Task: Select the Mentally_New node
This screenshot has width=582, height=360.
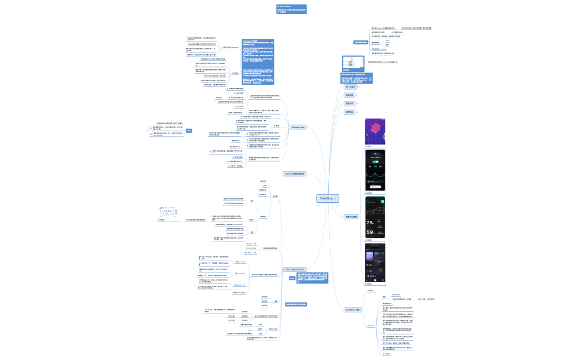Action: pos(298,127)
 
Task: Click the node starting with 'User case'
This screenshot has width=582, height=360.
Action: pos(294,174)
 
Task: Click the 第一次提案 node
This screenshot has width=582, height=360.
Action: pos(350,87)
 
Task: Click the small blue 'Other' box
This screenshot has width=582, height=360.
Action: pos(189,130)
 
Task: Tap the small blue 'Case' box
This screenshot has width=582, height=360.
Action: pos(292,279)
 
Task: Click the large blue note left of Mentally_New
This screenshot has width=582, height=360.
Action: pos(258,61)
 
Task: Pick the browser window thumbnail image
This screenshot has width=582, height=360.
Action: pos(350,62)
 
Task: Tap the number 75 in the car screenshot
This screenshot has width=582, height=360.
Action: pos(370,222)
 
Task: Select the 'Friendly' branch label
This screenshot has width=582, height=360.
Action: pos(370,290)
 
